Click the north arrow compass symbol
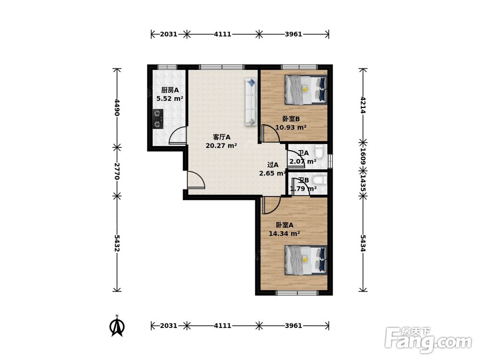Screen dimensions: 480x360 click(x=117, y=326)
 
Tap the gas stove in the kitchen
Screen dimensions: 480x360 click(x=157, y=119)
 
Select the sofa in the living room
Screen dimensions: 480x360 click(x=251, y=102)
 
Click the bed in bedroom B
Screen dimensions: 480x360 click(x=305, y=89)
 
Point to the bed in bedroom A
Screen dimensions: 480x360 click(x=305, y=260)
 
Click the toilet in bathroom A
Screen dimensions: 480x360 click(x=319, y=152)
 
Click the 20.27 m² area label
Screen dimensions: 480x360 click(x=221, y=146)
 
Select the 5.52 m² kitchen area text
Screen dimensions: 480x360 click(x=169, y=98)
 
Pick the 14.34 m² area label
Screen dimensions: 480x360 click(x=284, y=234)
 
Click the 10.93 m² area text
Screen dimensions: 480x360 click(x=291, y=127)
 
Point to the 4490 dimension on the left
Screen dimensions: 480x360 click(x=117, y=107)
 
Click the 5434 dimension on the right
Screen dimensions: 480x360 click(x=363, y=243)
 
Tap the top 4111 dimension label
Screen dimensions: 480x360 click(x=223, y=34)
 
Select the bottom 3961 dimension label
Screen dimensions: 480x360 click(x=294, y=325)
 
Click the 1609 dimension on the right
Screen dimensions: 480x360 click(x=363, y=156)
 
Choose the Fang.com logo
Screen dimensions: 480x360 click(x=428, y=340)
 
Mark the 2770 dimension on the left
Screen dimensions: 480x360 click(x=117, y=171)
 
